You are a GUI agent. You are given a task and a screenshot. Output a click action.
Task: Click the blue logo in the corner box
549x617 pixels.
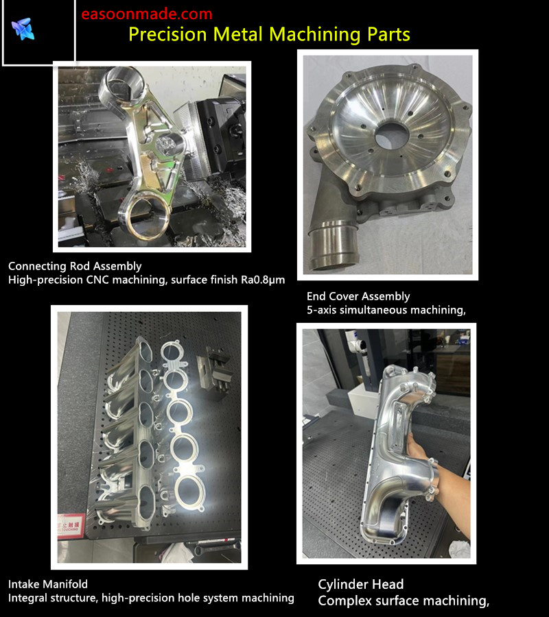click(x=23, y=29)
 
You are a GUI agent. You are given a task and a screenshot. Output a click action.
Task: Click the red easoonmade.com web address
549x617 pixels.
click(x=146, y=14)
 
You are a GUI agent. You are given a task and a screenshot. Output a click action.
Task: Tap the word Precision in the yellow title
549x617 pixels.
click(x=167, y=34)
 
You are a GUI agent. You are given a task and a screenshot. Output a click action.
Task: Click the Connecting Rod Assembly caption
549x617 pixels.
click(x=75, y=266)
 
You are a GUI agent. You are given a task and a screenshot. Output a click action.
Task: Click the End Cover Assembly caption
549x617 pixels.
click(x=358, y=296)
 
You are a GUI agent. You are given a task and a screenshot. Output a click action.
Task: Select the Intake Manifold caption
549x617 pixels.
click(x=48, y=584)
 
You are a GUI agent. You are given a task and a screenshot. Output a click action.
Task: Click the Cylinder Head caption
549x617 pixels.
click(x=361, y=584)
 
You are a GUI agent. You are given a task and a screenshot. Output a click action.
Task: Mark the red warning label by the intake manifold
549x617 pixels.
click(x=71, y=524)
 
